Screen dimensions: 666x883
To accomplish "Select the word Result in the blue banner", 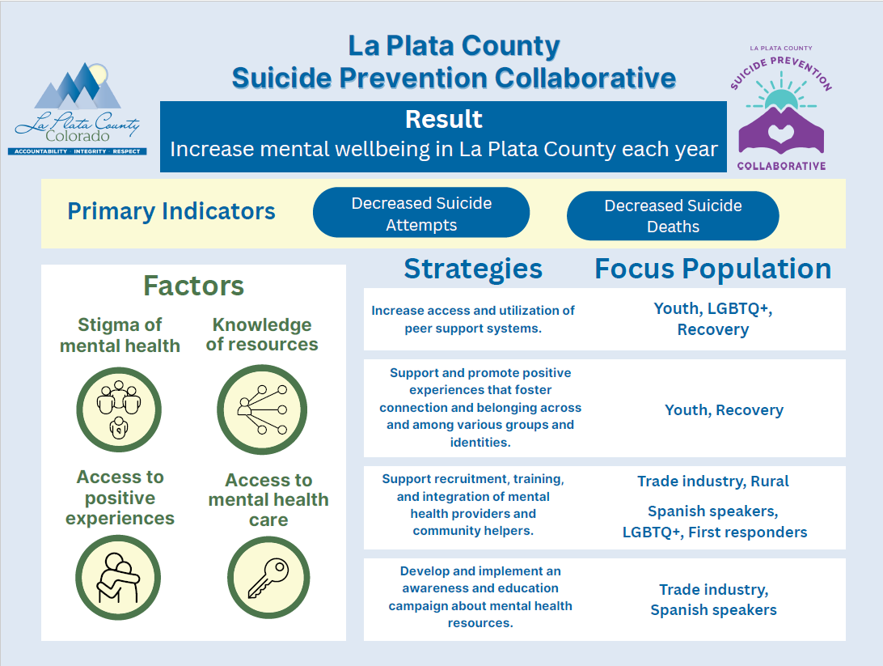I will [444, 120].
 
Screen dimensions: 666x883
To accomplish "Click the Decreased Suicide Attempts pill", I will [421, 214].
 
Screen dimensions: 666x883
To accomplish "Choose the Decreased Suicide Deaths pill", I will [673, 216].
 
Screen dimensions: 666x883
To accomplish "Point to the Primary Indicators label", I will [171, 212].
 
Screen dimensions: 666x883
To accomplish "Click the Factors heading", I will [194, 286].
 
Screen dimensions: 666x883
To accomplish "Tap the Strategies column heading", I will [473, 269].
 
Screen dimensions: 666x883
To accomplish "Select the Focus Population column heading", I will [712, 269].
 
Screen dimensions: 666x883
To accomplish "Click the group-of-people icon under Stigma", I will [119, 409].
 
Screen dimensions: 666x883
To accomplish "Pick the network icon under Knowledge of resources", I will [261, 409].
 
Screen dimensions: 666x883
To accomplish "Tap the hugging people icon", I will [119, 578].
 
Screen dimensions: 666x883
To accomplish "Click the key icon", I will [268, 578].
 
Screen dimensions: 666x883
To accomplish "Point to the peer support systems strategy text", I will [473, 320].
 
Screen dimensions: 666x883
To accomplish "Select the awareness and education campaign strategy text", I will [480, 597].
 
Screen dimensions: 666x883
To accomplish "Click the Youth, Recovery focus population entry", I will [724, 410].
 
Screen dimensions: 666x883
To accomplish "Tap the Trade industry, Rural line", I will [712, 481].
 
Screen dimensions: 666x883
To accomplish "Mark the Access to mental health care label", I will [268, 500].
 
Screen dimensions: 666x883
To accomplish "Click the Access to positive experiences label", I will [120, 498].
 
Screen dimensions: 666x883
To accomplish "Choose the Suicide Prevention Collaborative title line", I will [454, 78].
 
